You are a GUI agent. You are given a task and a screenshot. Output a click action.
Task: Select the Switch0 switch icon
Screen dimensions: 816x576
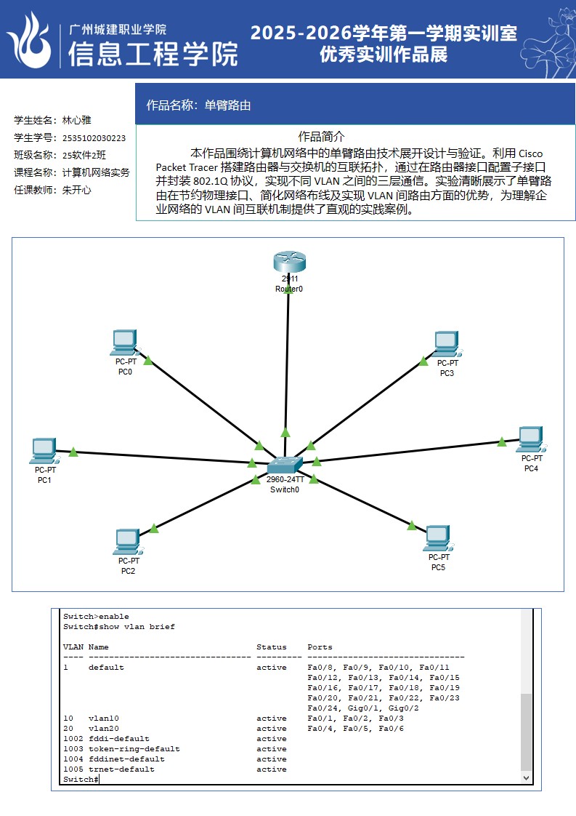284,465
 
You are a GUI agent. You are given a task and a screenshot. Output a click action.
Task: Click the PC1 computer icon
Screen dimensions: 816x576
44,451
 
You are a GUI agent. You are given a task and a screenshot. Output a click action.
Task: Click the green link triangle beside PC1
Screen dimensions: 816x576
73,452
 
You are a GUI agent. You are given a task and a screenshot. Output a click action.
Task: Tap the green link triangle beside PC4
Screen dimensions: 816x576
502,441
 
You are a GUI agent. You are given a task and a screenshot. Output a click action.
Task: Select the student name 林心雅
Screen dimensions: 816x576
76,121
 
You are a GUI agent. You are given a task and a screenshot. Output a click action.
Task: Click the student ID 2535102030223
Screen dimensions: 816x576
94,138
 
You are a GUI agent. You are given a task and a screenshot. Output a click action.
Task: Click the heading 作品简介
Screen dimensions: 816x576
321,137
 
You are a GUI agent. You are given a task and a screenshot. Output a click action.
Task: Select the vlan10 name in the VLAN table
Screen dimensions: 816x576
103,719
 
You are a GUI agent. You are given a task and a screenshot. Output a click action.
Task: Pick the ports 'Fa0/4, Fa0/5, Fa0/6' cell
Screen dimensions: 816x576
355,729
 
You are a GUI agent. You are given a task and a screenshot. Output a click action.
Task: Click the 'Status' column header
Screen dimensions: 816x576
271,647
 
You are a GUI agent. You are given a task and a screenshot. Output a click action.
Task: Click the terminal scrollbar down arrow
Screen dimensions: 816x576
527,777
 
